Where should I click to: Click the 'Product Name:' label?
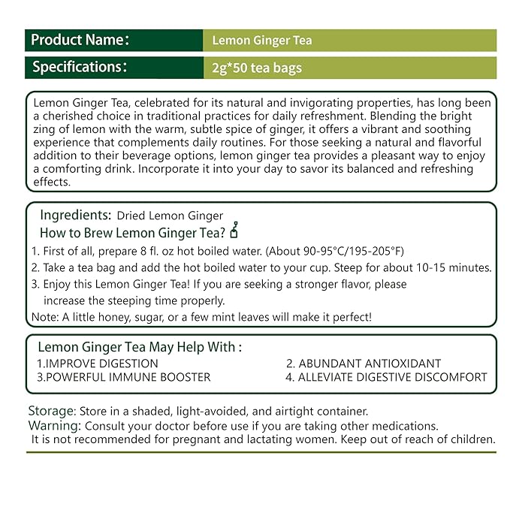point(80,40)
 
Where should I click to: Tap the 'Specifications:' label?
point(80,68)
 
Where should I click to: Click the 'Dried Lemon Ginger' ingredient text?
point(170,216)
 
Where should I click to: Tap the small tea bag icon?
point(234,229)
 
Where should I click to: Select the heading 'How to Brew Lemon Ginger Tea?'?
point(134,232)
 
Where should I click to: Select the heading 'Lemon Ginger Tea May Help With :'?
point(140,348)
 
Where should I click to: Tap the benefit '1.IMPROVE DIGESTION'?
point(98,364)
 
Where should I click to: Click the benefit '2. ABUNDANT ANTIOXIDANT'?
point(364,364)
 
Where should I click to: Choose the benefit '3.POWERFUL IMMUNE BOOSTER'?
point(124,377)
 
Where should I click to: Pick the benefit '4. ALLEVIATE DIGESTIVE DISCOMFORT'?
point(386,377)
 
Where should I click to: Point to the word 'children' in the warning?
point(470,439)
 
